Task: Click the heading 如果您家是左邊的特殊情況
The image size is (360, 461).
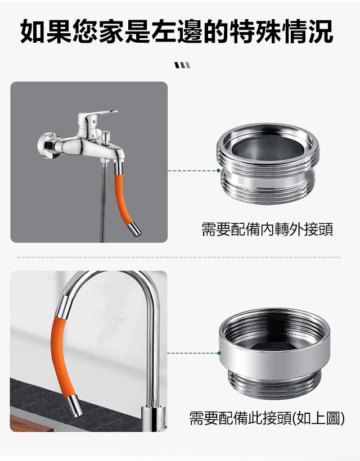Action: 177,31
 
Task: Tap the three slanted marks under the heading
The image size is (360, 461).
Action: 182,65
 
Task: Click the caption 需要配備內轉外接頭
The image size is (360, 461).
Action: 267,229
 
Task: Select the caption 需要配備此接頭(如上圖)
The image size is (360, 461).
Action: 267,418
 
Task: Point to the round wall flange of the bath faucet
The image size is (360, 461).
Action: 48,145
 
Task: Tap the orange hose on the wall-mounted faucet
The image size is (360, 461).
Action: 124,200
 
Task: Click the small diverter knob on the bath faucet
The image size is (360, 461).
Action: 106,136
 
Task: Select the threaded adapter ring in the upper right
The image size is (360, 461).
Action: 268,163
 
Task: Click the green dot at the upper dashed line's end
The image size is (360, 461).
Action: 218,170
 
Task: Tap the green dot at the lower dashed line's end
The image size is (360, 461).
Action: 219,353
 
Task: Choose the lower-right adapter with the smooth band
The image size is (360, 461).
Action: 274,353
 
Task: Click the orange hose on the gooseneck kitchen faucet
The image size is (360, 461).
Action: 60,356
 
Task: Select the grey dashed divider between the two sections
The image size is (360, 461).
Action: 178,257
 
